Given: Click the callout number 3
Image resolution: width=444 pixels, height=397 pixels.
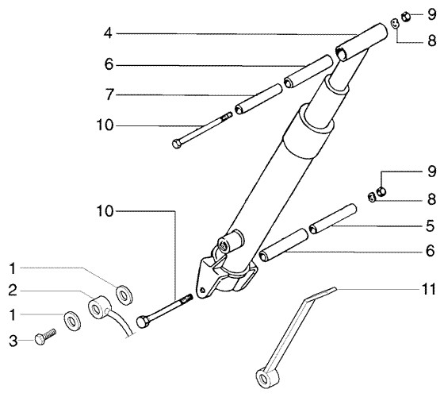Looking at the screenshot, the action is [13, 341].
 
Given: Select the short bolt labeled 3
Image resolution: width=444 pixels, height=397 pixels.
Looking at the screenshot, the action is [45, 337].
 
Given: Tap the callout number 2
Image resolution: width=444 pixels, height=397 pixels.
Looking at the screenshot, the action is [13, 291].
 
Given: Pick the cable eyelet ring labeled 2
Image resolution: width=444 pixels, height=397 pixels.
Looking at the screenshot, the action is [99, 306].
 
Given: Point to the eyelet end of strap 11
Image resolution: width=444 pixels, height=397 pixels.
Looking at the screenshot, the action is [267, 378].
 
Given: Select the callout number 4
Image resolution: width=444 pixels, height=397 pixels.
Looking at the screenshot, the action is [108, 33].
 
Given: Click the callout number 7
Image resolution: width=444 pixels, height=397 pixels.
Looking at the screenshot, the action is [109, 94].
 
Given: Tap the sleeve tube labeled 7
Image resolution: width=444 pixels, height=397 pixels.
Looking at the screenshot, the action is [258, 98].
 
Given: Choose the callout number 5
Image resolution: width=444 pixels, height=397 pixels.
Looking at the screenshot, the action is [430, 226].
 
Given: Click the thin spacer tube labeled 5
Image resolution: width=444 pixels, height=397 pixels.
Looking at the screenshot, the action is [333, 218].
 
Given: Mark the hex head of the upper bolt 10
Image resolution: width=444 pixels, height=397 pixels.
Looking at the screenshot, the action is [177, 144].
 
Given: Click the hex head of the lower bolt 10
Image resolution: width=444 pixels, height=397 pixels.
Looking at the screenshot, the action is [143, 322].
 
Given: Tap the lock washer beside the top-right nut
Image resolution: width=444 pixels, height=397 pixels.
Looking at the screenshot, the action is [395, 24].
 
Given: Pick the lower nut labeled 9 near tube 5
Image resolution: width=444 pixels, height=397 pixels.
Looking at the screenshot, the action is [381, 191].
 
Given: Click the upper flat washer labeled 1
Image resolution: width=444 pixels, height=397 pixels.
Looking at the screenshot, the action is [124, 295].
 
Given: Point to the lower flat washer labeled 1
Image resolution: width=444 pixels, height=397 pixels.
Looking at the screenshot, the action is [72, 321].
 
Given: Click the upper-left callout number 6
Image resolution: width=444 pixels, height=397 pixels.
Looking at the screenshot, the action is [109, 64].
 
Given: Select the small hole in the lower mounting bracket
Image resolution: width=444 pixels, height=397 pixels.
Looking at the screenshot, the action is [201, 290].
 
